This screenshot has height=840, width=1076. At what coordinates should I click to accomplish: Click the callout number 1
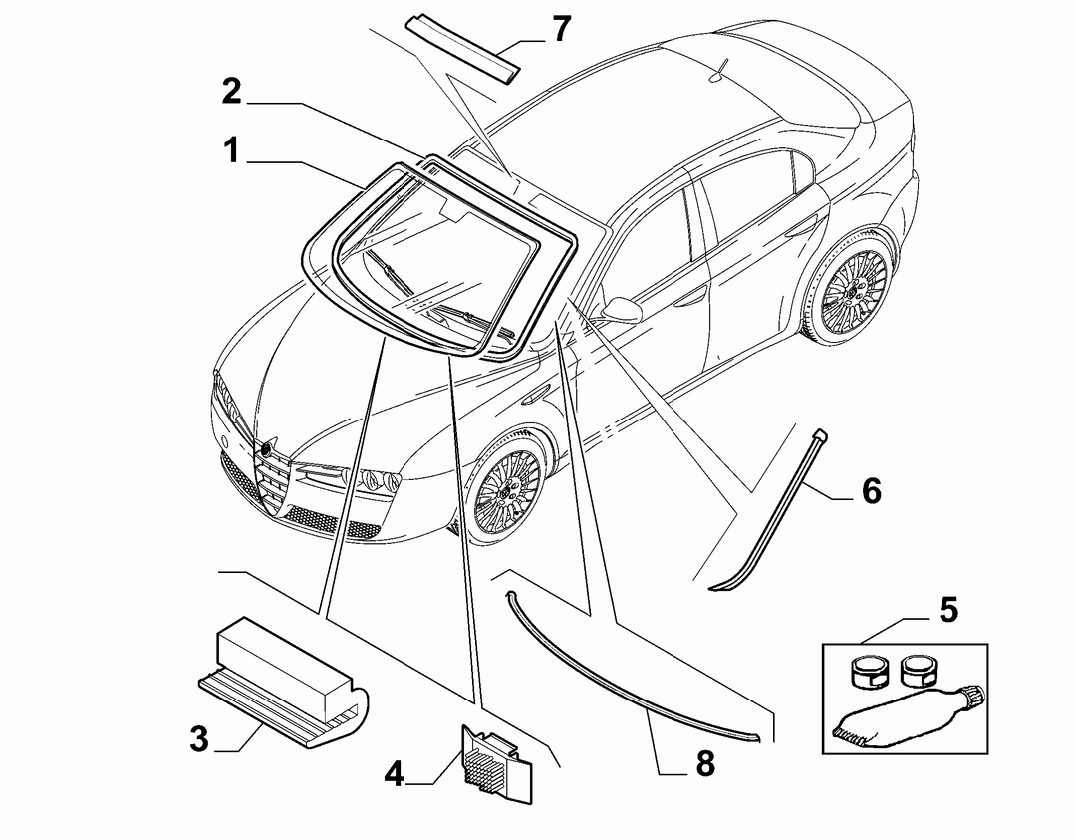(232, 150)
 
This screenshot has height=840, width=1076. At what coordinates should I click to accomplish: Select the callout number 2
(232, 91)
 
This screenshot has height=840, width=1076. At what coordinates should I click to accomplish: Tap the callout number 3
(199, 739)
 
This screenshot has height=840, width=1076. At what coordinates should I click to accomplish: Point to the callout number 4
(394, 773)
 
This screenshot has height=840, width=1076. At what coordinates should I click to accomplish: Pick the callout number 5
(948, 610)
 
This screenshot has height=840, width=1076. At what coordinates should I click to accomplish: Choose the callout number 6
(872, 491)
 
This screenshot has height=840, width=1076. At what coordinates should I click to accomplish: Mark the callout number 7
(561, 28)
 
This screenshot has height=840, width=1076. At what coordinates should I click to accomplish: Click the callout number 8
(705, 763)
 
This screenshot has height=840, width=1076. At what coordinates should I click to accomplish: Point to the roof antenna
(719, 71)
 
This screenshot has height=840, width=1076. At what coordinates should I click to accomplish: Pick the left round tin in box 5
(867, 670)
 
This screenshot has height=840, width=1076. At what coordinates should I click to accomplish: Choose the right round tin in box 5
(917, 670)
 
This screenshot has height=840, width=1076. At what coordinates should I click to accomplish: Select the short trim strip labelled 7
(461, 48)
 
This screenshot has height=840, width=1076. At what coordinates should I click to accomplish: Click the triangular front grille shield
(275, 478)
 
